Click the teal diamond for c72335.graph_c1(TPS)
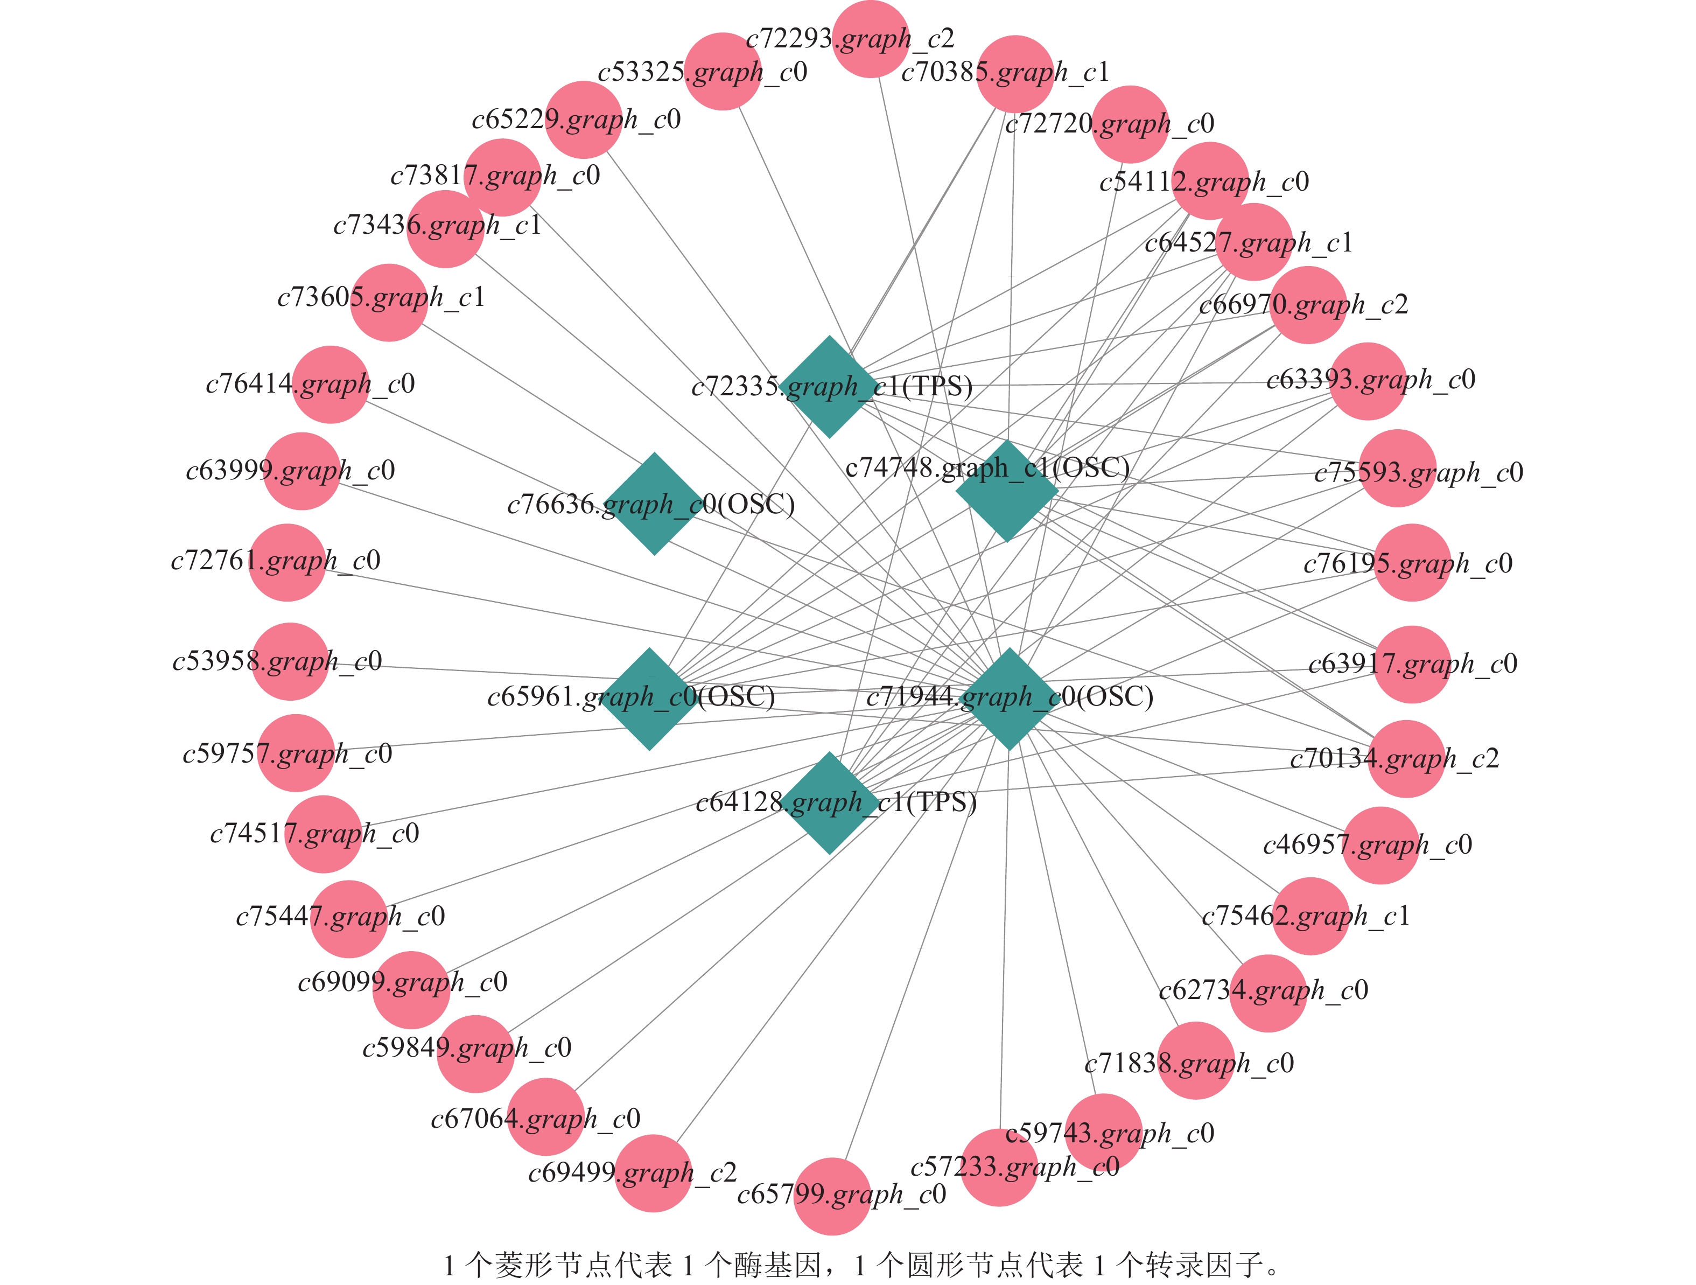click(x=829, y=387)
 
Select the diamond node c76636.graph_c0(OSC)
click(x=654, y=504)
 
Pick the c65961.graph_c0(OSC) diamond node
click(x=649, y=699)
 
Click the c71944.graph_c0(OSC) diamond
click(x=1010, y=699)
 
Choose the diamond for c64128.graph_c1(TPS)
click(x=830, y=803)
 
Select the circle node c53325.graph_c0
click(x=722, y=71)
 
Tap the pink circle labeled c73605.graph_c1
click(x=389, y=302)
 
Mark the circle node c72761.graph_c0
click(x=288, y=562)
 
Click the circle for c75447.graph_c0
click(x=349, y=919)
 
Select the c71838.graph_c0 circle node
click(x=1195, y=1060)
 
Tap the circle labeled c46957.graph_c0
click(x=1381, y=845)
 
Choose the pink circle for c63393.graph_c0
click(x=1368, y=381)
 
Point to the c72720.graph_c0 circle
click(x=1130, y=124)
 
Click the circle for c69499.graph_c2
click(x=654, y=1173)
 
